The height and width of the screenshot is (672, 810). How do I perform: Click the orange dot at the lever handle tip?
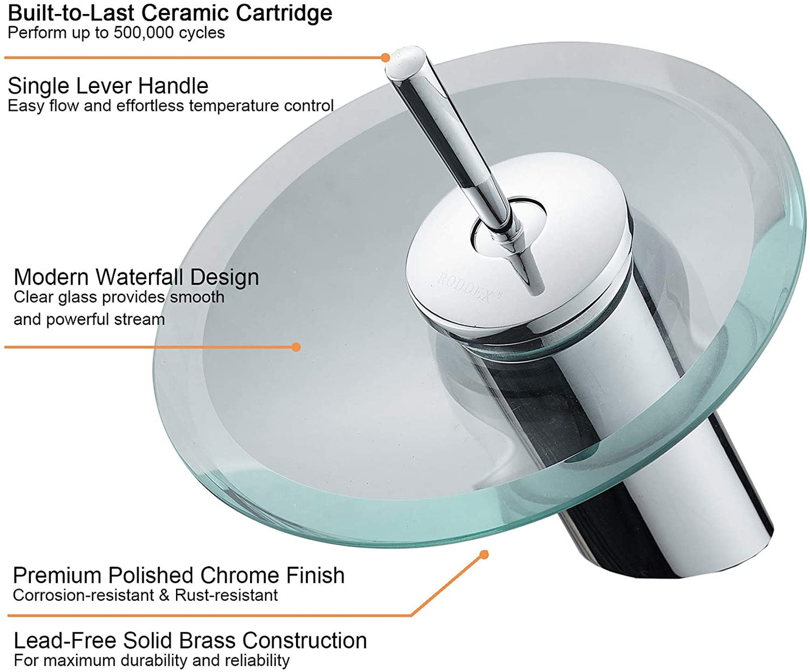(x=385, y=57)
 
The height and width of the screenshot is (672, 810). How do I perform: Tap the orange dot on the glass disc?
(x=296, y=347)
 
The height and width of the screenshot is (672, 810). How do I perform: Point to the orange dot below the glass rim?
(x=484, y=554)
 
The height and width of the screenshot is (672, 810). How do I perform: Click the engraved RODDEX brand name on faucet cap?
(x=464, y=286)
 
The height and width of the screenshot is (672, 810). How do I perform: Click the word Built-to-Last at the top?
(x=71, y=13)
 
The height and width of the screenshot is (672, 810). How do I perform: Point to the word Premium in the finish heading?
(x=57, y=576)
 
